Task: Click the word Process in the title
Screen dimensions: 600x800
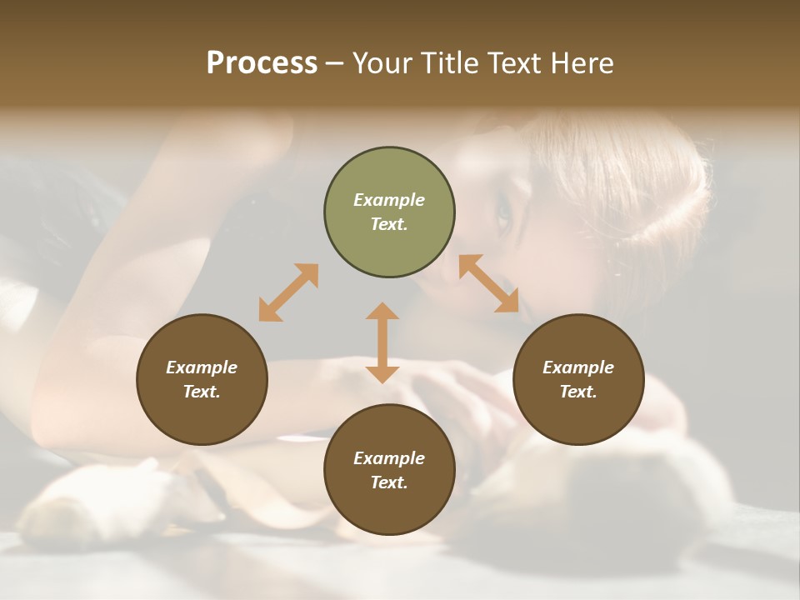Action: tap(262, 63)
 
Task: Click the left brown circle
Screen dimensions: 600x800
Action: tap(202, 379)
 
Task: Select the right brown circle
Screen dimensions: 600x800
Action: tap(578, 379)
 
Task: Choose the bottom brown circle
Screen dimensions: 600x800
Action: tap(389, 469)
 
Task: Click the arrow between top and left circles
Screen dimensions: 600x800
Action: tap(288, 292)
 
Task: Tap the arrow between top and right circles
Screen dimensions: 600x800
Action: tap(488, 283)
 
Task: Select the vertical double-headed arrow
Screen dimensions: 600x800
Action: tap(382, 342)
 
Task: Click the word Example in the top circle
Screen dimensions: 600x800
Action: tap(389, 200)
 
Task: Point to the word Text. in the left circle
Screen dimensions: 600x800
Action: tap(202, 392)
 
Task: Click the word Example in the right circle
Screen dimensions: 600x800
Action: tap(578, 367)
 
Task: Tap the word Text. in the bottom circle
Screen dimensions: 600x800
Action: tap(389, 482)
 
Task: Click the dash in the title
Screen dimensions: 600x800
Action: tap(334, 63)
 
